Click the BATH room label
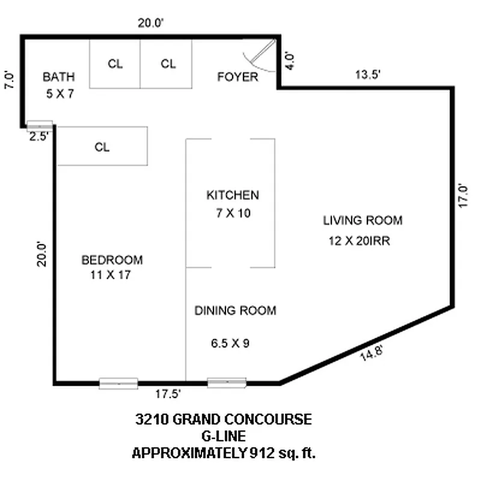[59, 77]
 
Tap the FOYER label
[237, 77]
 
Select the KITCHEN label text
[233, 195]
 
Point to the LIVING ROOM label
[363, 220]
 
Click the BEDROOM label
[112, 260]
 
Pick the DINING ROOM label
[235, 311]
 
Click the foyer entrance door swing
[259, 55]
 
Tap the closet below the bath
[102, 146]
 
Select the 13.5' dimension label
[367, 75]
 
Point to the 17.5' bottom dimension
[168, 394]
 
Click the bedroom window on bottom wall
[118, 383]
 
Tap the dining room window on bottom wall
[227, 382]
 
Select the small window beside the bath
[40, 126]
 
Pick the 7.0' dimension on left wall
[8, 80]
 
